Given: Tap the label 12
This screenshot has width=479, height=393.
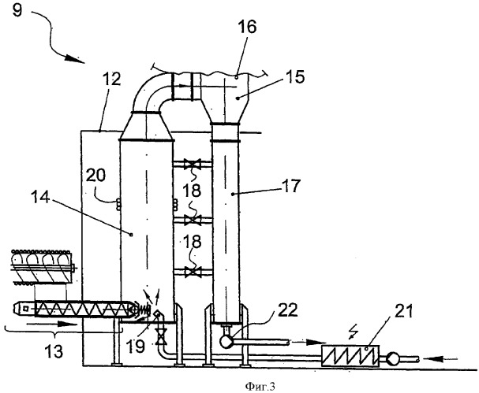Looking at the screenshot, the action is pyautogui.click(x=111, y=80).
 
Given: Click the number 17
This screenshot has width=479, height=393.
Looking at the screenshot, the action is pyautogui.click(x=291, y=185).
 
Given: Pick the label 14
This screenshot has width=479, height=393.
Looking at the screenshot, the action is pyautogui.click(x=40, y=197).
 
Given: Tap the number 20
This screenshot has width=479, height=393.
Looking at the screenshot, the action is pyautogui.click(x=95, y=176).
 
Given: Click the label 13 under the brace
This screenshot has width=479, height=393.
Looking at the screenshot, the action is pyautogui.click(x=54, y=351).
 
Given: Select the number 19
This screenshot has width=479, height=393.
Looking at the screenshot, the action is pyautogui.click(x=135, y=347).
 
